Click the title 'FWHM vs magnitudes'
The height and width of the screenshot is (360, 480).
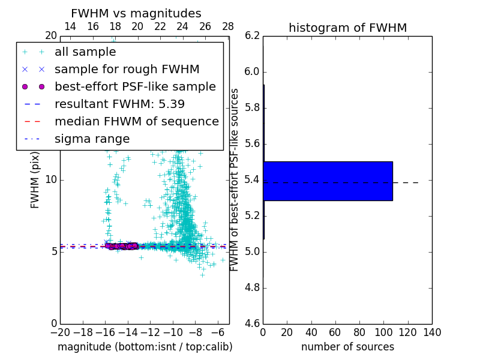pos(136,13)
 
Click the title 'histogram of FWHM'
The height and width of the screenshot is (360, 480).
pos(347,28)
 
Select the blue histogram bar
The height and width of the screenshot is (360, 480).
pos(328,181)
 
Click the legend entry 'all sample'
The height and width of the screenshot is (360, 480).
pos(85,52)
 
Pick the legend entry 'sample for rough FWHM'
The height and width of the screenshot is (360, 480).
pos(127,69)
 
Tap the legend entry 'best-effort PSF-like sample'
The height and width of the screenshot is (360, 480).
pos(135,86)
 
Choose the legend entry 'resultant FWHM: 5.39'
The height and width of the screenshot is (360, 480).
pos(119,104)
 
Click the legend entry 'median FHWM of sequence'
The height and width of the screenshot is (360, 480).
pos(136,121)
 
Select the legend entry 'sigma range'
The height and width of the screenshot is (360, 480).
pos(92,139)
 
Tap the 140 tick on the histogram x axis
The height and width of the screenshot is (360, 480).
pos(432,332)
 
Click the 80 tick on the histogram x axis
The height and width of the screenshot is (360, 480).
pos(359,332)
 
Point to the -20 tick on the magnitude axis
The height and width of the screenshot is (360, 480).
pos(60,332)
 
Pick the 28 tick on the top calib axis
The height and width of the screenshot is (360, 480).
pos(228,26)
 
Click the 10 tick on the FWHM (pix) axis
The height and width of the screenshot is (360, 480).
pos(51,180)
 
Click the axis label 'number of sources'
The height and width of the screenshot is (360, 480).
pos(347,347)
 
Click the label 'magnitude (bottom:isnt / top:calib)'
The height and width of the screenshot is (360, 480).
pos(145,347)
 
